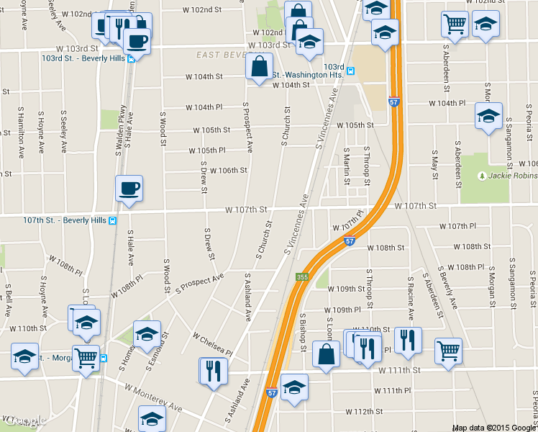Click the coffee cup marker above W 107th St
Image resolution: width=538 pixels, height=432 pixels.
pos(129,189)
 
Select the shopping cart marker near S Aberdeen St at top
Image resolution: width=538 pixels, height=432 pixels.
pos(455,26)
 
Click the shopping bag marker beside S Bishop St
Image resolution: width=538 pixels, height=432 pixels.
pos(327,355)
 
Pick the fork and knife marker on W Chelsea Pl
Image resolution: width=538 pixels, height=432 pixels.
pos(214,371)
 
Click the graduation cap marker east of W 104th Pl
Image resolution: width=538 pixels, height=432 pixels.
pos(488,117)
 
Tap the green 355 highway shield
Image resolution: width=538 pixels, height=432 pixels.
pos(302,277)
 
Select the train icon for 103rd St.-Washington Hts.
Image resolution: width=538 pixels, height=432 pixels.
pos(350,71)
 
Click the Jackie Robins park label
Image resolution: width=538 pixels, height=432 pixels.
pos(513,175)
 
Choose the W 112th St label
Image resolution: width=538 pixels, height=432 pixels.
pos(363,412)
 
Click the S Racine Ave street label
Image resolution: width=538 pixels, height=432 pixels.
pos(411,299)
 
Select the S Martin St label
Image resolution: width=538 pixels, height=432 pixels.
pos(346,166)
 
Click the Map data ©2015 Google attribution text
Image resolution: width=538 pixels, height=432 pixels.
pos(494,428)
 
